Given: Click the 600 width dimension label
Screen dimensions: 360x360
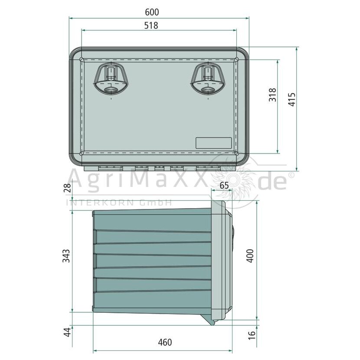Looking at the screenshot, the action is [x=152, y=12].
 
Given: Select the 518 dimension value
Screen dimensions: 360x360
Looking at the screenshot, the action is [x=151, y=26].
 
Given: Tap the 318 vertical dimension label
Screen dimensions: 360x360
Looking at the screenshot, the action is [x=272, y=95].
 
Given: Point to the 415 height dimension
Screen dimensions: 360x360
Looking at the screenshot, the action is [x=292, y=99].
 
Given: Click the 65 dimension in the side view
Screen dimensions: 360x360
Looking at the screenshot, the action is [x=224, y=185].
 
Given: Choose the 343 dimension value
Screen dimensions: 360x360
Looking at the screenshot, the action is [x=66, y=256].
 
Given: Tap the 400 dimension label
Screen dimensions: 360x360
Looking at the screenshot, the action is [x=250, y=256].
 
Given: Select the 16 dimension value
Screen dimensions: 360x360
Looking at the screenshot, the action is [x=252, y=336].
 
